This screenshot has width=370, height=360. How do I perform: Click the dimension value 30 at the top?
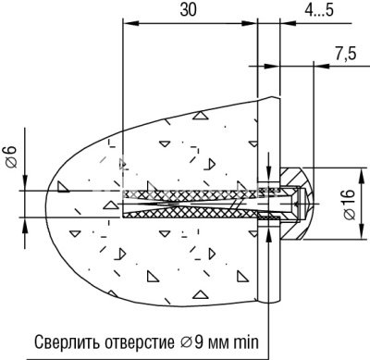[190, 10]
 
